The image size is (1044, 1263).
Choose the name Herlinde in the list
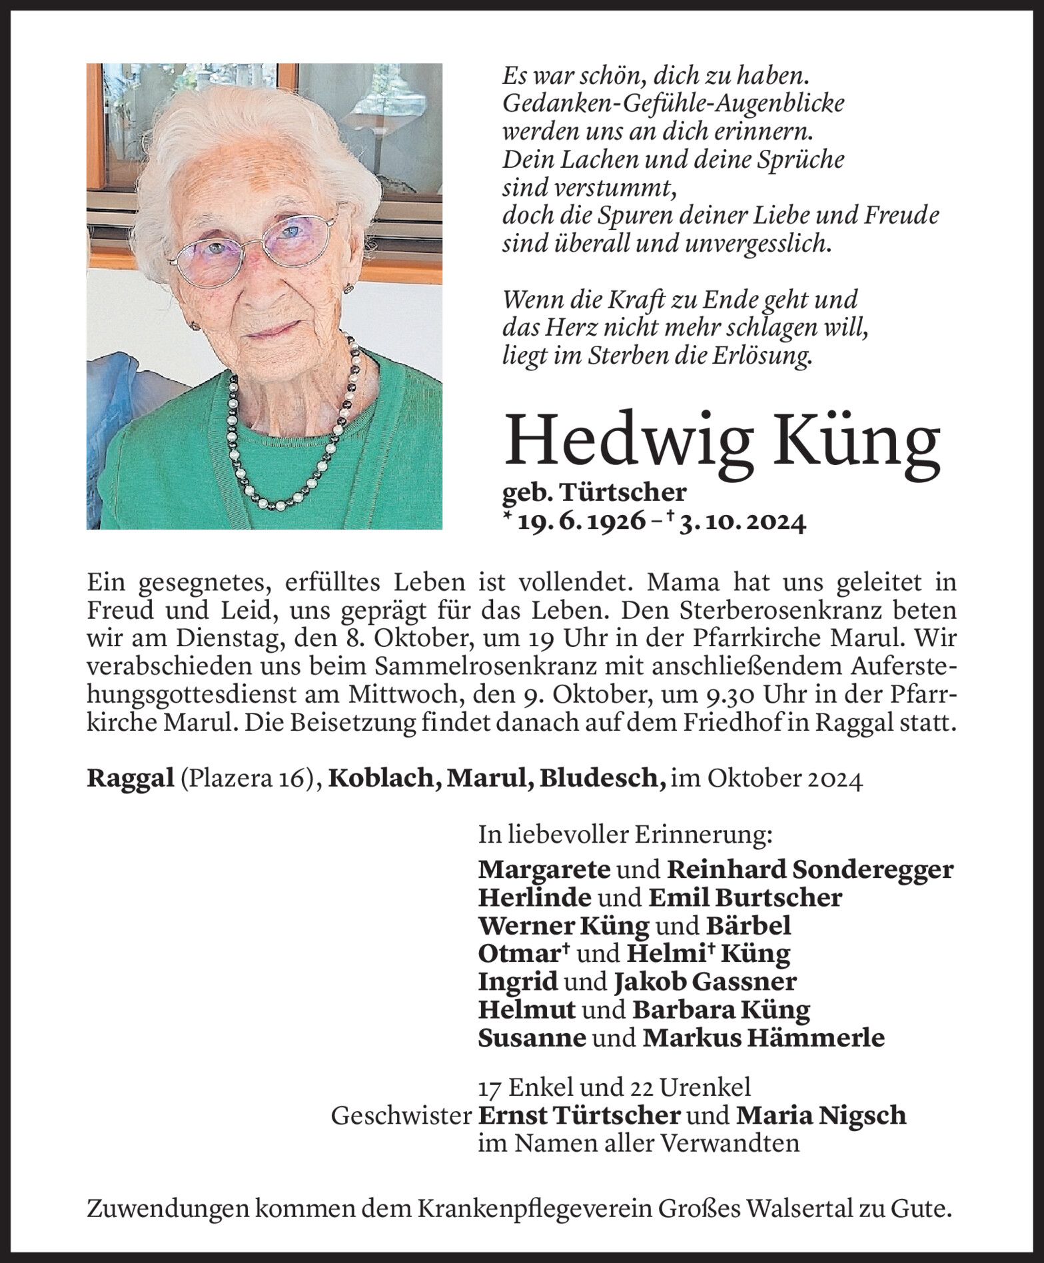tap(534, 898)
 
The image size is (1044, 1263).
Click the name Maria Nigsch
tap(821, 1115)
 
